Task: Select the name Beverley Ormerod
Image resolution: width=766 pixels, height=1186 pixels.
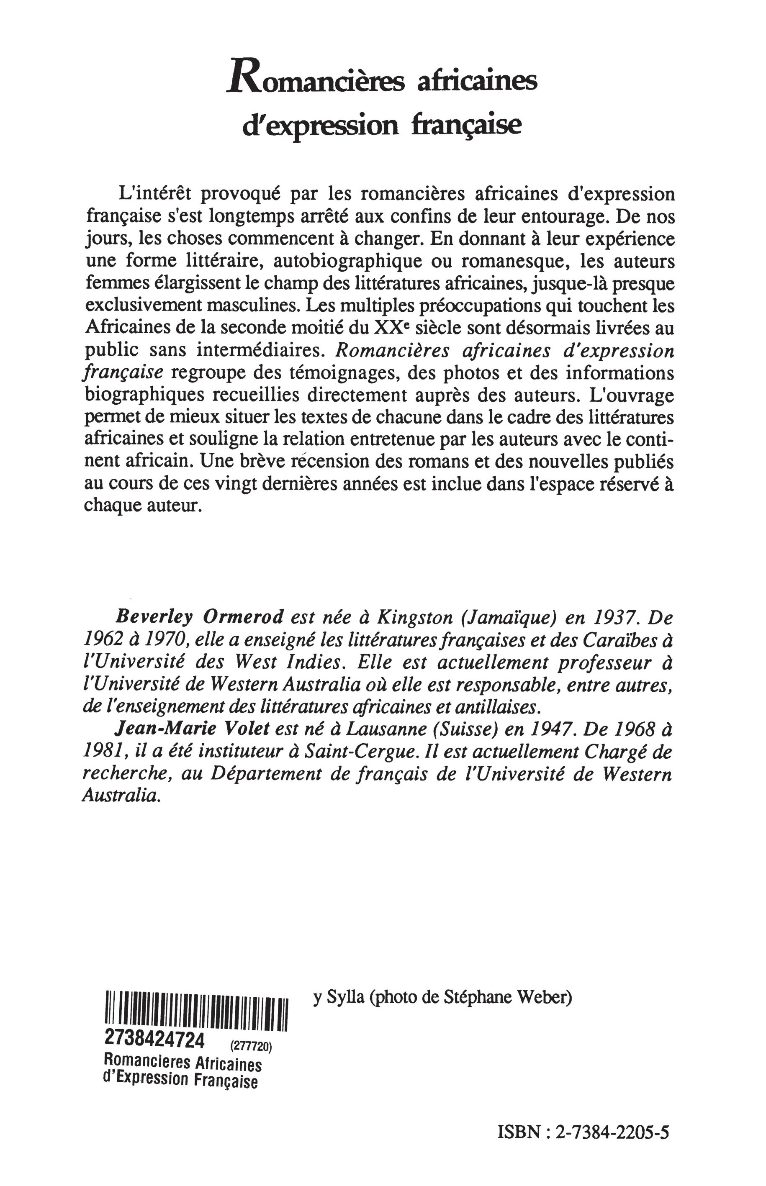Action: click(199, 618)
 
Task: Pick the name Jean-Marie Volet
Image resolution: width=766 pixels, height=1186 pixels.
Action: click(192, 729)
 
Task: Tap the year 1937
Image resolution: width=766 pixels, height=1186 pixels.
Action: click(607, 618)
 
